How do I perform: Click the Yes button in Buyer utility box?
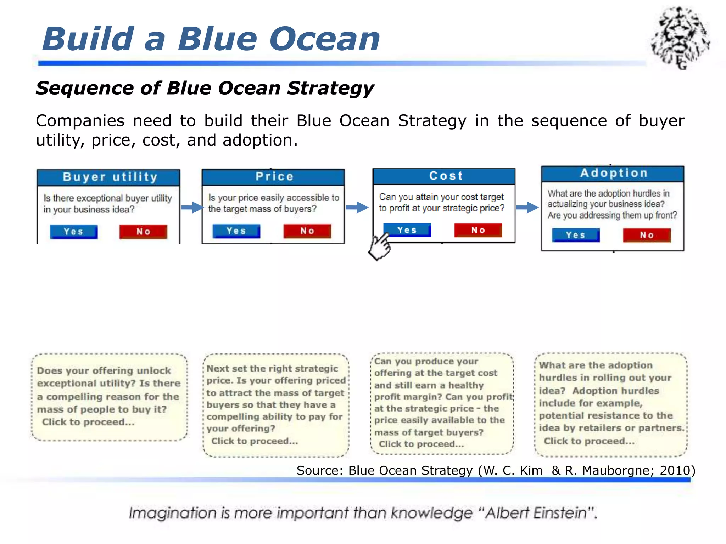(x=74, y=232)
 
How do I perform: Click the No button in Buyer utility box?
(x=143, y=232)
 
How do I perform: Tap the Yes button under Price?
(x=236, y=231)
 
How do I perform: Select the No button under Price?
(x=307, y=231)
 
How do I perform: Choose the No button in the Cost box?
(x=478, y=230)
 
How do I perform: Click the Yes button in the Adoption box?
(x=575, y=235)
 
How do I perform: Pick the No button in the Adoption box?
(x=647, y=235)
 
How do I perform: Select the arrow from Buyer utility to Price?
(x=192, y=207)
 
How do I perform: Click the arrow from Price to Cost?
(x=357, y=207)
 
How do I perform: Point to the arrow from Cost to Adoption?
(x=527, y=207)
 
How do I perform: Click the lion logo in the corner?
(x=680, y=37)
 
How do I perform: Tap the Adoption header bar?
(x=613, y=173)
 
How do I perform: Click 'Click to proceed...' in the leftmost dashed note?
(x=88, y=422)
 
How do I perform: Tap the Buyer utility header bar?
(x=109, y=177)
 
